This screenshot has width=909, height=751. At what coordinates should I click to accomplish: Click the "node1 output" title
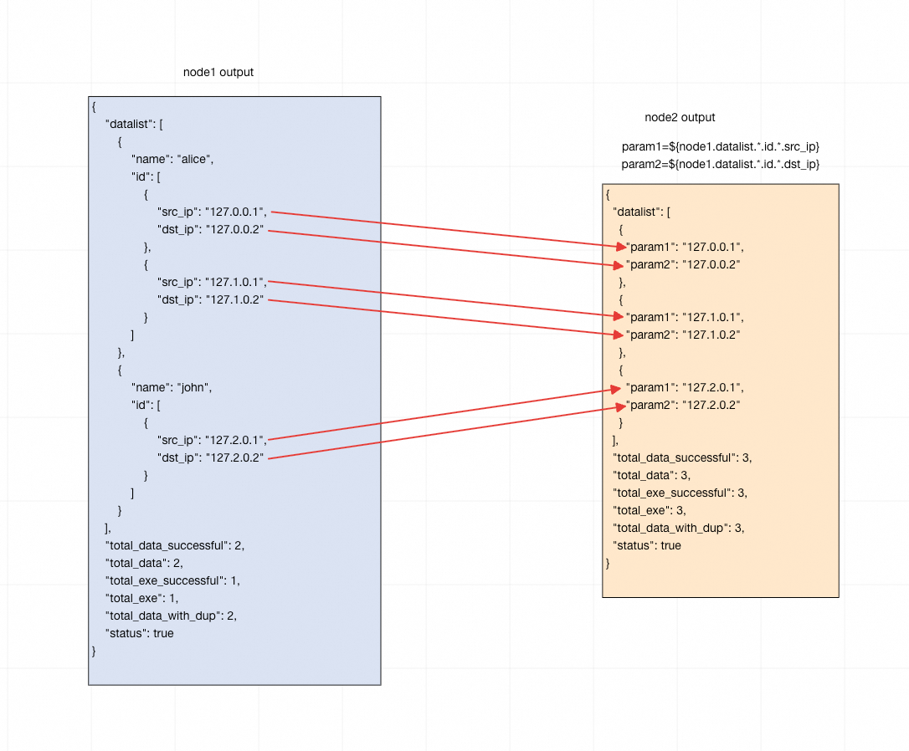(218, 73)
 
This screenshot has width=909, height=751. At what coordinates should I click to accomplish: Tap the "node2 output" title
(680, 118)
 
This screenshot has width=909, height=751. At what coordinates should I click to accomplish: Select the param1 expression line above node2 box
(720, 147)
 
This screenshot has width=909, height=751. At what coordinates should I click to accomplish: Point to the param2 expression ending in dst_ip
(720, 165)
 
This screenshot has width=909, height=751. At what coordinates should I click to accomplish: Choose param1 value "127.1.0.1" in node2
(711, 318)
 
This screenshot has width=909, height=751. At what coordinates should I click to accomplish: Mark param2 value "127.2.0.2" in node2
(711, 406)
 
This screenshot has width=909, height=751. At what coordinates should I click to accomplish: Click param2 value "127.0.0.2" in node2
(711, 265)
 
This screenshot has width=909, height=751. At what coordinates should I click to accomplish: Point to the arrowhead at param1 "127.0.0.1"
(620, 246)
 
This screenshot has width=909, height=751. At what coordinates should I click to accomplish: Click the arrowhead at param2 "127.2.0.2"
(620, 406)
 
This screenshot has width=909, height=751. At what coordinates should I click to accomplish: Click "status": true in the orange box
(647, 545)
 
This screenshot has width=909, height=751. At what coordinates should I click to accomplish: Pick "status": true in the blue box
(139, 633)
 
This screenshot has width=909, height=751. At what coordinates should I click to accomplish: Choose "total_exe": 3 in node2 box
(650, 510)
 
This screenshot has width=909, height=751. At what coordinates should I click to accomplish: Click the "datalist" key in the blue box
(130, 124)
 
